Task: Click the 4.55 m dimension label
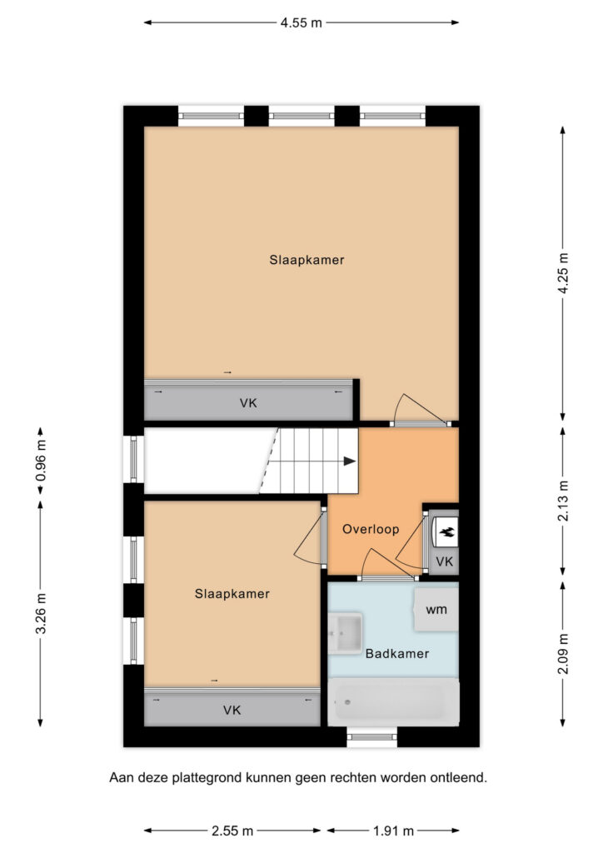(301, 22)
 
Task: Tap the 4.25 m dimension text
(563, 273)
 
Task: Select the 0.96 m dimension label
(41, 460)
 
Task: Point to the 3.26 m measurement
(41, 613)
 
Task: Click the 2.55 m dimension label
(232, 831)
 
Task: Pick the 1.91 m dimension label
(393, 831)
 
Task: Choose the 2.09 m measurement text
(563, 654)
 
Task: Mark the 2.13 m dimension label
(563, 501)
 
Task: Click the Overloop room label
(371, 529)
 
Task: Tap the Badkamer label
(397, 653)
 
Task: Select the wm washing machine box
(436, 609)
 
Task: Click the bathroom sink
(346, 633)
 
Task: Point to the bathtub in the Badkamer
(394, 701)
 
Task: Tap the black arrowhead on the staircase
(350, 461)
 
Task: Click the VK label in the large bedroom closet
(248, 403)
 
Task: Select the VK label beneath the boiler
(445, 561)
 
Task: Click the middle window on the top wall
(301, 116)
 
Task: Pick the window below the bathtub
(372, 737)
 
